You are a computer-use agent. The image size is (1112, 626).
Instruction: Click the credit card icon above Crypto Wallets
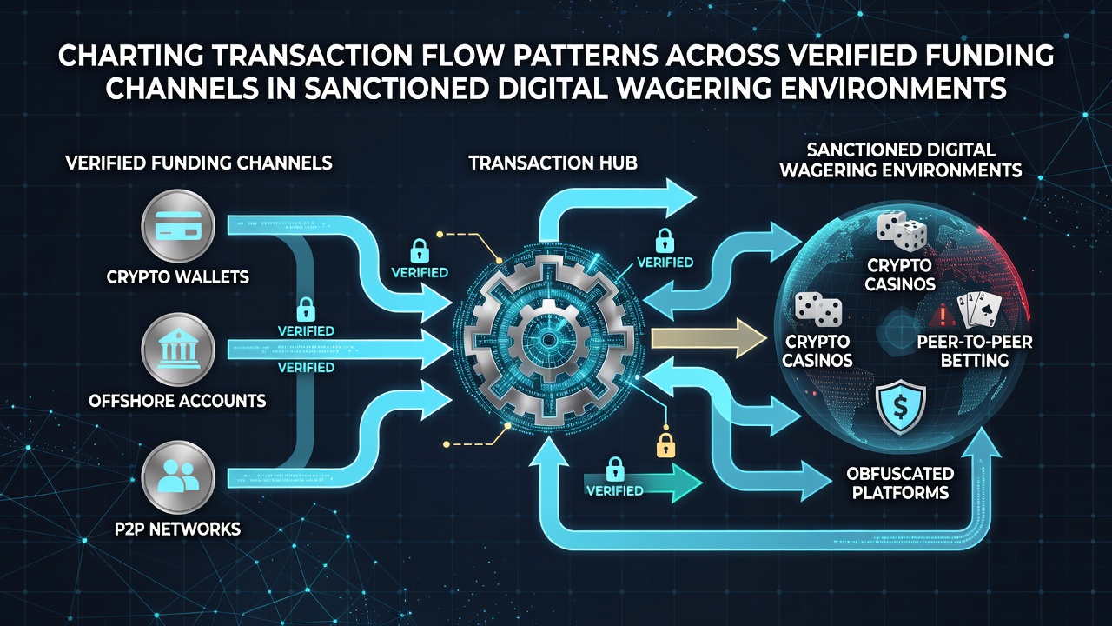point(178,226)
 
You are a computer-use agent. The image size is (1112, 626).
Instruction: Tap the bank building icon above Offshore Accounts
point(178,350)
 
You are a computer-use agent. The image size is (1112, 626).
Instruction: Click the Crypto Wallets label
point(178,276)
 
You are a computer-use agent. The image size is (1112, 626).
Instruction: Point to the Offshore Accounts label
point(177,401)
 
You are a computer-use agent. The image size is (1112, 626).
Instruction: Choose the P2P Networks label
point(178,529)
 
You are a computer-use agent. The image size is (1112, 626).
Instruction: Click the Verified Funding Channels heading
point(199,163)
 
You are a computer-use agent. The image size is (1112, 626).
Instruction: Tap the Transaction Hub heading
point(553,163)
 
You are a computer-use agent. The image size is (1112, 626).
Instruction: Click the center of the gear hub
point(548,340)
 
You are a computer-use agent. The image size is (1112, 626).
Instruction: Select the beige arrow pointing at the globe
point(709,339)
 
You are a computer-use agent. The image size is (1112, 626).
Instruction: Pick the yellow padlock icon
point(665,445)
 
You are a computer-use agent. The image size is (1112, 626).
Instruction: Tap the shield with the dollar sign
point(900,409)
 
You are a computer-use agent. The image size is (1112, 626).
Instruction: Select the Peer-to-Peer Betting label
point(975,350)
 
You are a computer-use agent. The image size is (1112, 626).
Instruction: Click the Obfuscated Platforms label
point(900,483)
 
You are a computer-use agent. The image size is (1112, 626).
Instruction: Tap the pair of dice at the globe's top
point(902,231)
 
